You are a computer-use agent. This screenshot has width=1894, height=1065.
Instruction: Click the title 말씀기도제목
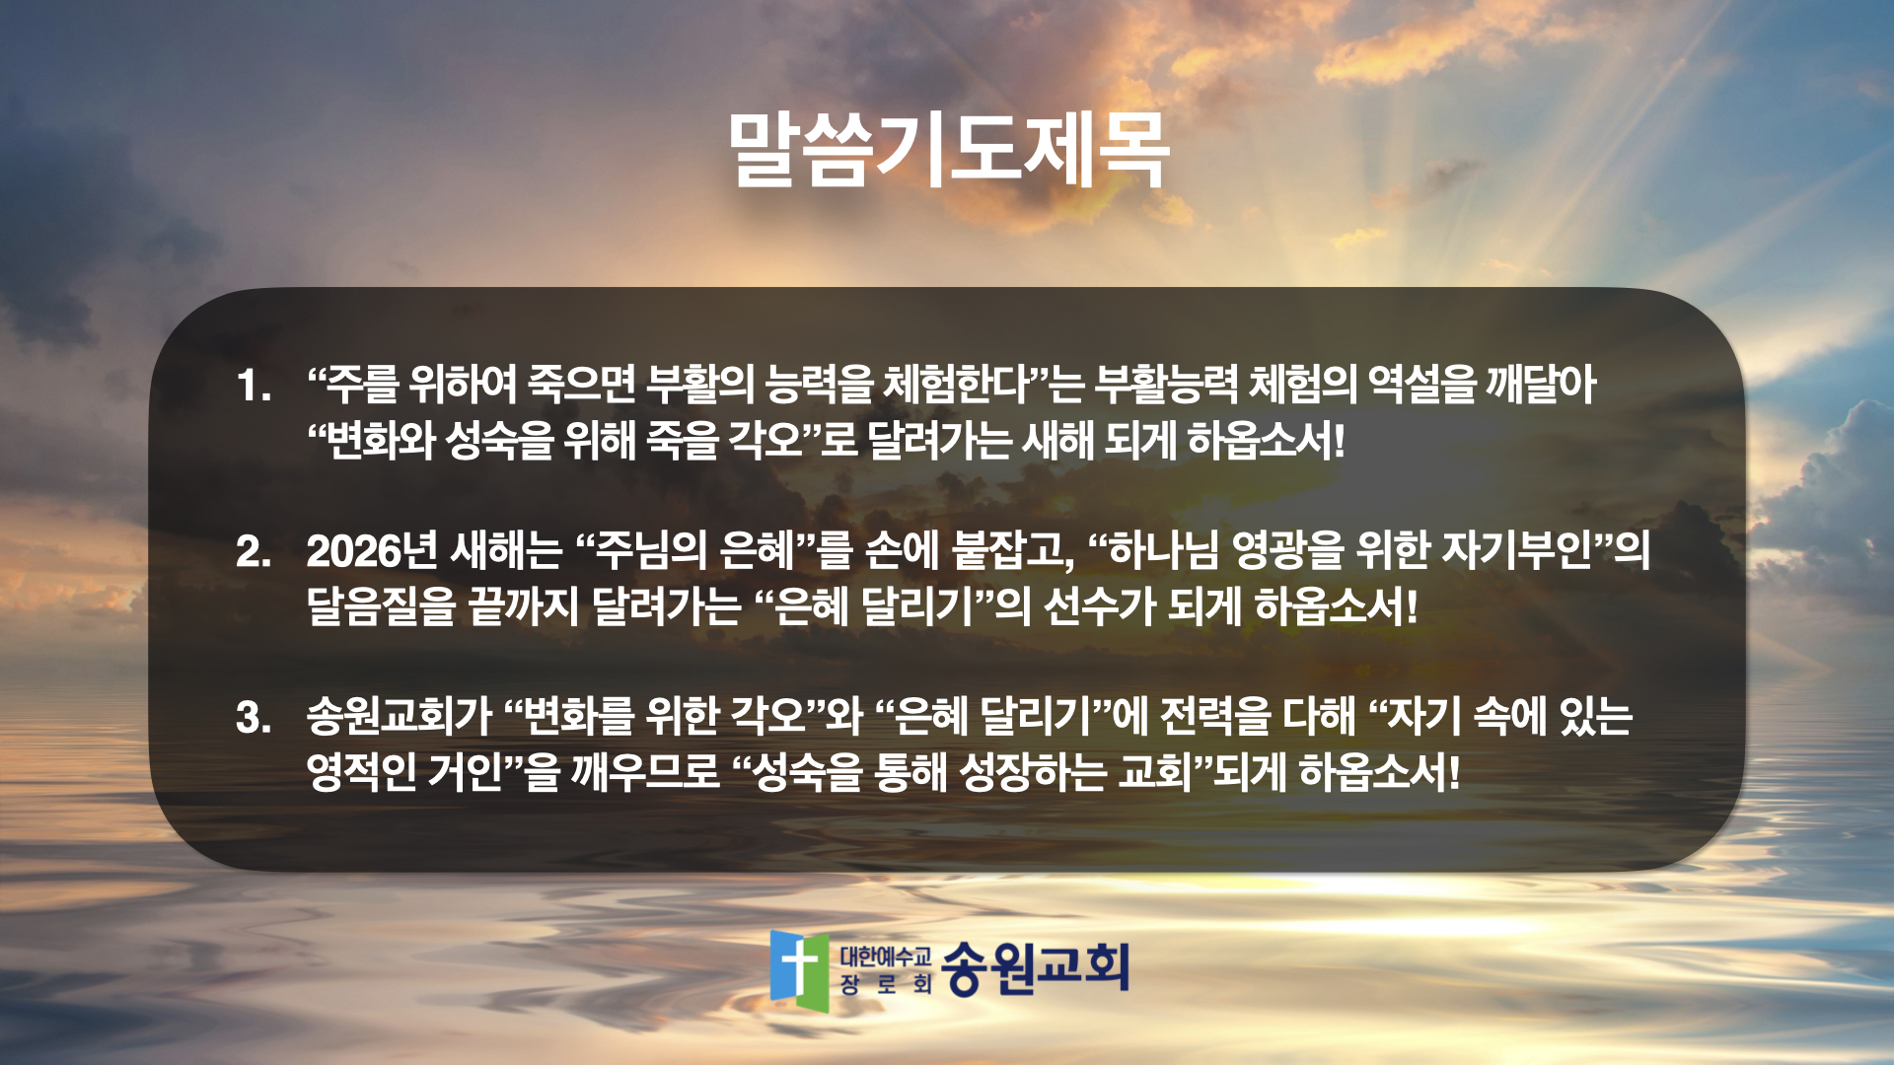coord(948,150)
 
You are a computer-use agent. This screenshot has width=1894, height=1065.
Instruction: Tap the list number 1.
coord(253,386)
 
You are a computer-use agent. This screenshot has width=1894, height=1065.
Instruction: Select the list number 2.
coord(253,551)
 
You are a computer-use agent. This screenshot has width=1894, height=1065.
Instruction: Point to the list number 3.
coord(253,717)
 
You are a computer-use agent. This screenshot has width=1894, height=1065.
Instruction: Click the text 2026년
coord(372,550)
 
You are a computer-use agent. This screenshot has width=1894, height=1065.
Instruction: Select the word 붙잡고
coord(1013,550)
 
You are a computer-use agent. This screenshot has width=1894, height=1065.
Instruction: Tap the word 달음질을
coord(381,605)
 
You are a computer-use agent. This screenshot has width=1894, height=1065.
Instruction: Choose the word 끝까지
coord(523,605)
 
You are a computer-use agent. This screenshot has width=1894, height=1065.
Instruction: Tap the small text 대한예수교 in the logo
coord(886,956)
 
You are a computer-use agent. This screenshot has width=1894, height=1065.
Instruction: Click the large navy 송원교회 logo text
coord(1036,967)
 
